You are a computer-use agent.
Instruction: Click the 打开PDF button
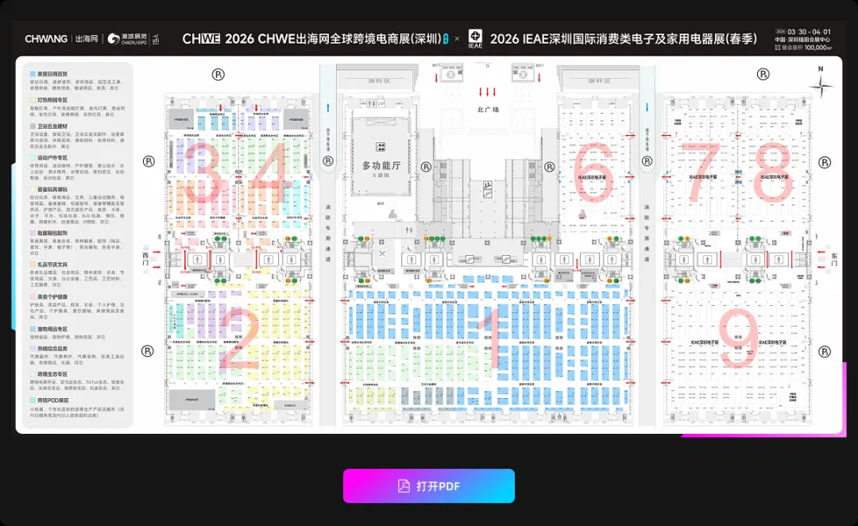429,486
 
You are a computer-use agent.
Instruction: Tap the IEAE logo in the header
475,38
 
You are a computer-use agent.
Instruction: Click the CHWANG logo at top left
45,38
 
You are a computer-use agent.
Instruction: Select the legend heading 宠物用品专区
52,329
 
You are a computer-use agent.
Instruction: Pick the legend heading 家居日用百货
52,74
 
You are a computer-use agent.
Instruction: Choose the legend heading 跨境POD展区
52,400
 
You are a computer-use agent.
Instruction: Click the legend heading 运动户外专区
52,158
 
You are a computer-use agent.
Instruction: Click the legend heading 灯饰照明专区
52,100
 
